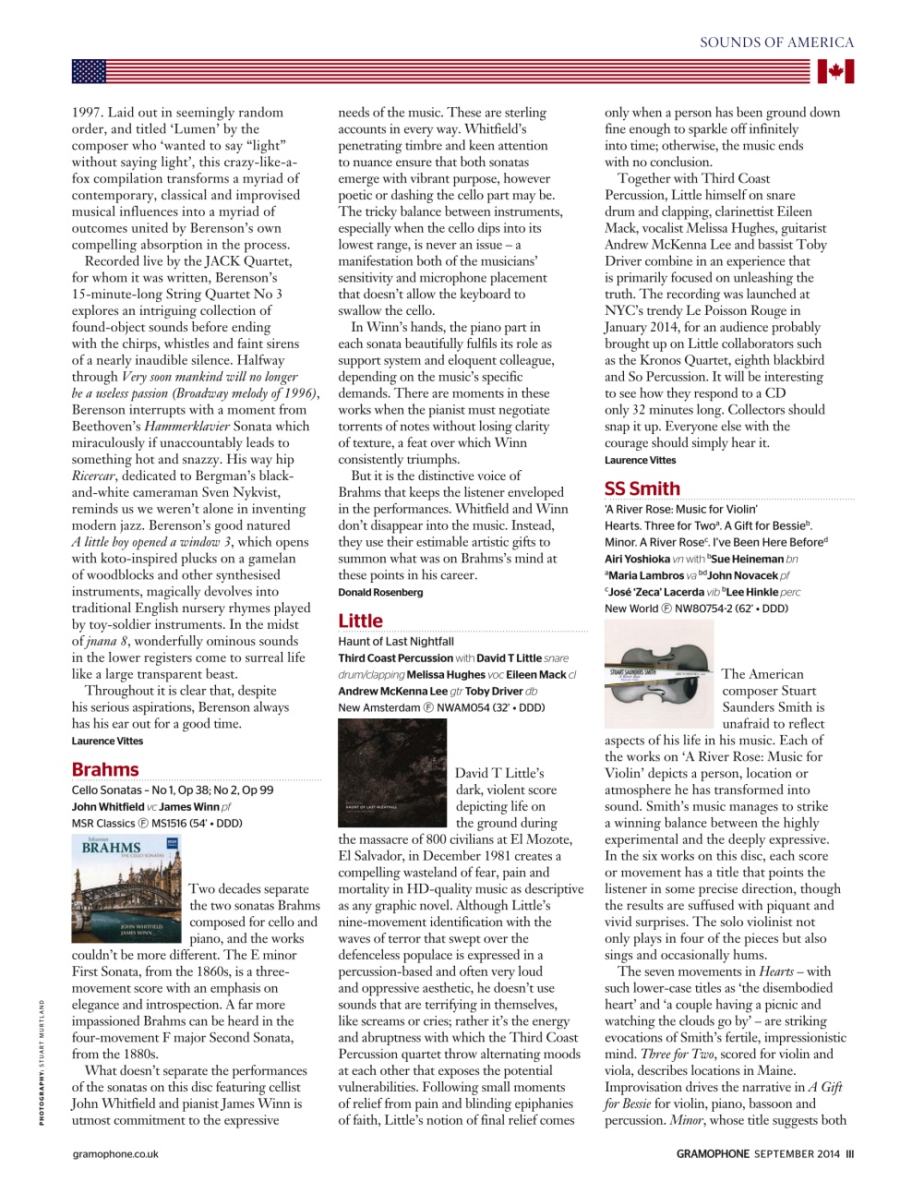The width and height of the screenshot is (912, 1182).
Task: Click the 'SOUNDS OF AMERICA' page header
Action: [776, 42]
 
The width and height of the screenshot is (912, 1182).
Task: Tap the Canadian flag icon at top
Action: [835, 71]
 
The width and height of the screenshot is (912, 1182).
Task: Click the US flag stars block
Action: [89, 71]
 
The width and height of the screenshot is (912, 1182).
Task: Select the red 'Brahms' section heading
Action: [105, 769]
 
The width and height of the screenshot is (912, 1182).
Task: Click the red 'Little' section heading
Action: [360, 621]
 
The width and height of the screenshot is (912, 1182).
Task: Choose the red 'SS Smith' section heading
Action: [642, 488]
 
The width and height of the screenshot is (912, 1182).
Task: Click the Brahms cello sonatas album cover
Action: [126, 888]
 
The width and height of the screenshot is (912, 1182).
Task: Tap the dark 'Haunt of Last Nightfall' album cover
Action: [392, 773]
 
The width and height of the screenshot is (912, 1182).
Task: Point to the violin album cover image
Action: [658, 674]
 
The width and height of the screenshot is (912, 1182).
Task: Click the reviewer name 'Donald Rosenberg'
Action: [380, 592]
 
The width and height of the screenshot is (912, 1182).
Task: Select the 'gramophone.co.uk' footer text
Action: [115, 1153]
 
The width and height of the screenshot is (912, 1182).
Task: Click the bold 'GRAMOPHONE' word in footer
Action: [713, 1153]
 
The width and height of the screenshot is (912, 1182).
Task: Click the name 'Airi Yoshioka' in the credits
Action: [637, 559]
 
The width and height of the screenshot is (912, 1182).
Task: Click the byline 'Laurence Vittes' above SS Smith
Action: [640, 460]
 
